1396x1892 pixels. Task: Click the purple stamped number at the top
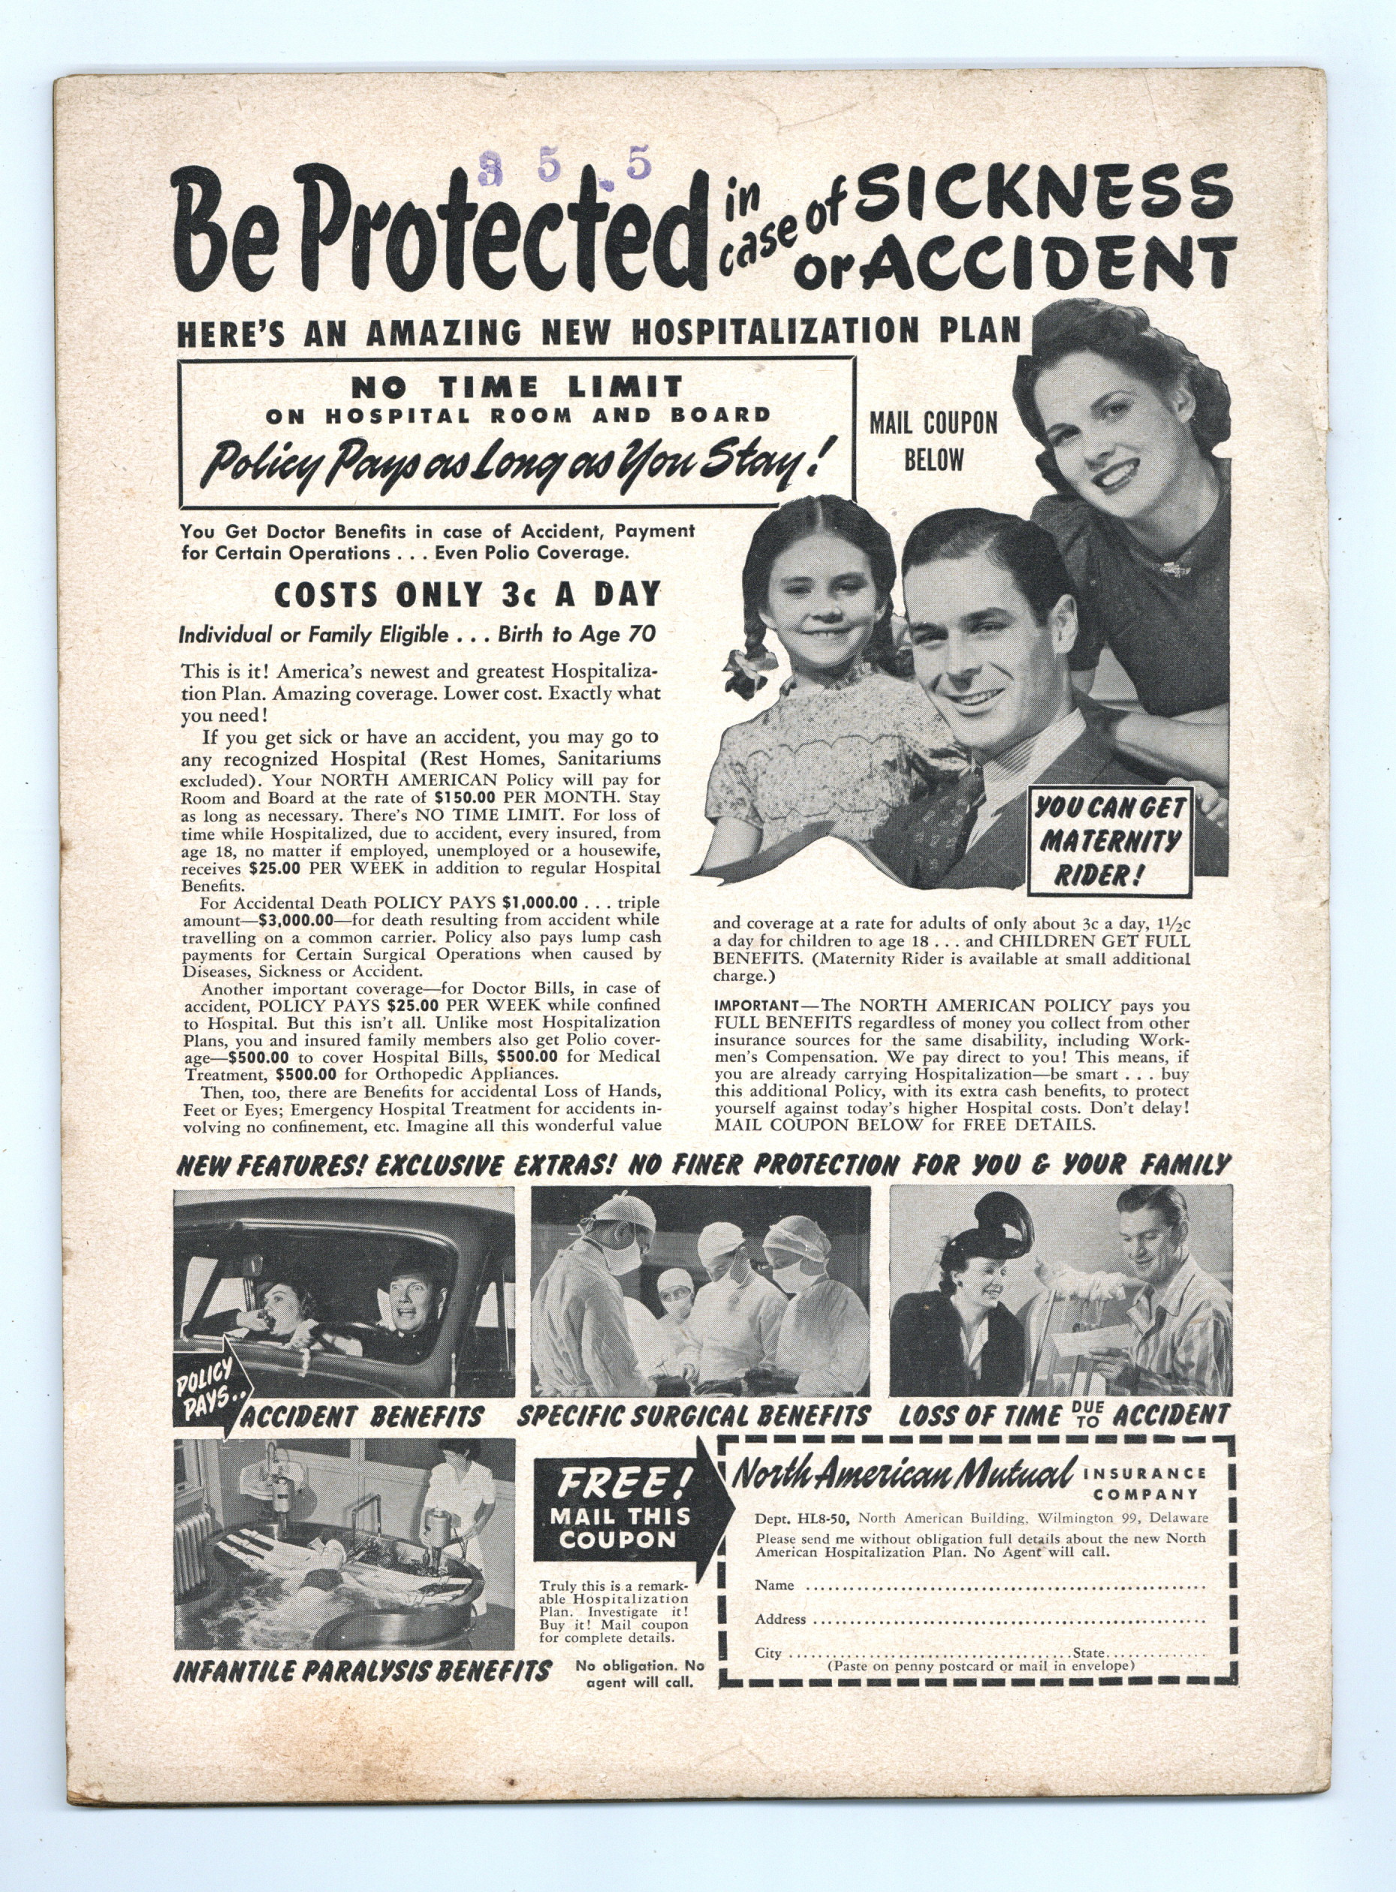coord(565,167)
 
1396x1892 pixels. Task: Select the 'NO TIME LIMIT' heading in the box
coord(517,388)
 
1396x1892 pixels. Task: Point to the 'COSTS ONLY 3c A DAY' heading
coord(466,595)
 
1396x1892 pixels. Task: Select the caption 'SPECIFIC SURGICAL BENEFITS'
coord(693,1415)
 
